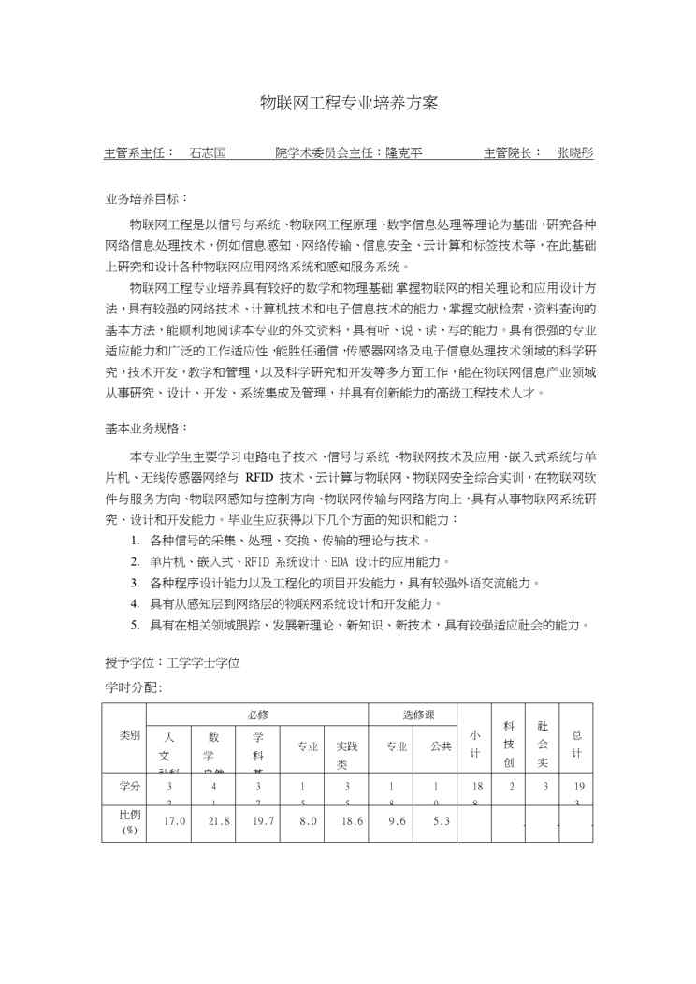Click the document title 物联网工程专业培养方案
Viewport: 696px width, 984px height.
348,101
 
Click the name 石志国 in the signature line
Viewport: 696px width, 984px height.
208,152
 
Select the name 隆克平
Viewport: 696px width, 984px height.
404,152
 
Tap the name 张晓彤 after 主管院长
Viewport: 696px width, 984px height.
574,152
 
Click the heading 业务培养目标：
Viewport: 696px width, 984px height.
146,200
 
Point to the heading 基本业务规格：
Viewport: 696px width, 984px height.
146,428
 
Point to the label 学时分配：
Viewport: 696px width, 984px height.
133,687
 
